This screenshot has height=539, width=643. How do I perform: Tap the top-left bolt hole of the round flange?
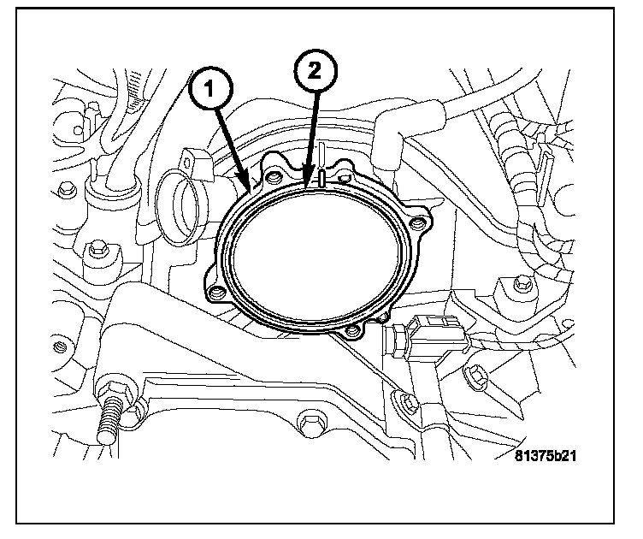[x=274, y=178]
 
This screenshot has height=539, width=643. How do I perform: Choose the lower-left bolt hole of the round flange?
[x=219, y=294]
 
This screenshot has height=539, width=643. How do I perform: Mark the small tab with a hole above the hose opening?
[x=192, y=158]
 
